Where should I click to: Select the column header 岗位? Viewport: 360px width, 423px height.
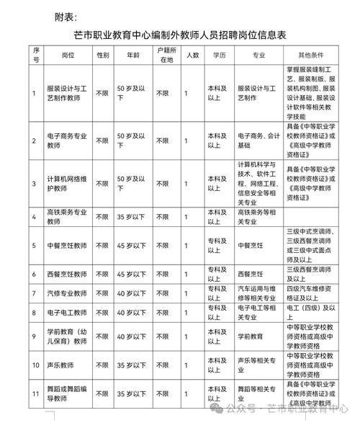(x=70, y=54)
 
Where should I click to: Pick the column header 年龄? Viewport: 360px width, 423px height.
(x=132, y=54)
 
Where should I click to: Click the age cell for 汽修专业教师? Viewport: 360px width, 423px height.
(x=132, y=293)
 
